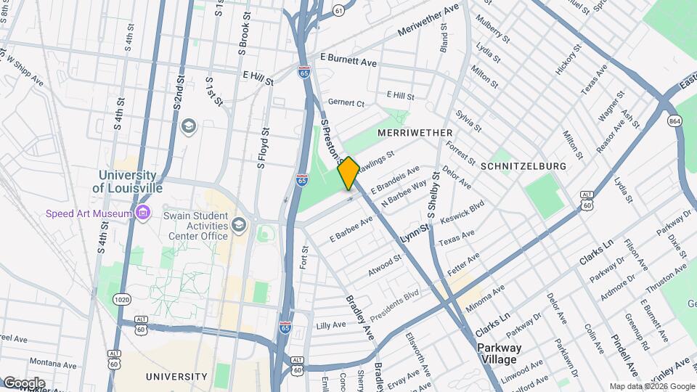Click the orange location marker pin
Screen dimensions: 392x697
348,173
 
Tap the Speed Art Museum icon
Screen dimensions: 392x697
143,213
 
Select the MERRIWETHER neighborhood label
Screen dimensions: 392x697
415,133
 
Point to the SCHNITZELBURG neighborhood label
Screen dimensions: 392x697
523,166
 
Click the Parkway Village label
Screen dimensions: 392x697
498,354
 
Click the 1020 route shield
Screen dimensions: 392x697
121,299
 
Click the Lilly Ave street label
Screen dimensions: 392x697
331,325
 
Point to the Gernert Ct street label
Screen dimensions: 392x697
346,103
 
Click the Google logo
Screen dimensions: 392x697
24,383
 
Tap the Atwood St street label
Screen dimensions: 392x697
385,266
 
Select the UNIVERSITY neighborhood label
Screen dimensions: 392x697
176,377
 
